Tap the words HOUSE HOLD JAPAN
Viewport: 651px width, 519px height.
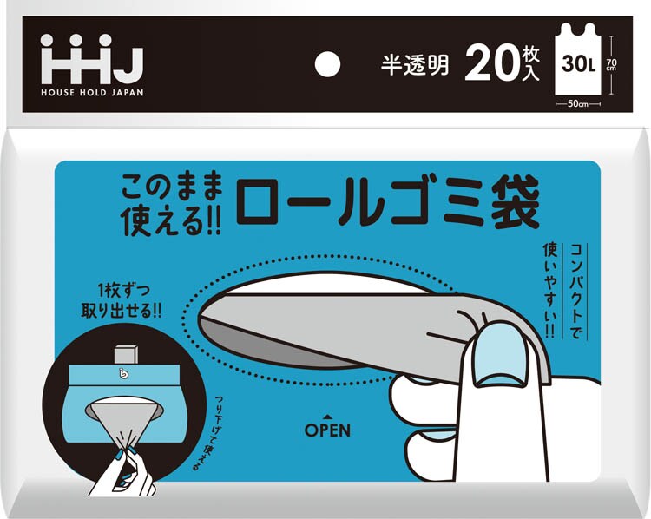pos(92,92)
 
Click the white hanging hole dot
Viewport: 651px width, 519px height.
pos(327,64)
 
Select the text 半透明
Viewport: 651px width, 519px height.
pos(415,65)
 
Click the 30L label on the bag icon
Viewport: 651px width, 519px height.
pos(579,63)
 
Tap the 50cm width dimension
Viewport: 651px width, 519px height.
pos(578,104)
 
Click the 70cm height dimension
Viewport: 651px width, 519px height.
pos(611,64)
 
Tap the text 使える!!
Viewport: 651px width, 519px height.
pos(171,220)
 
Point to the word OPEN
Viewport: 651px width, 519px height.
pos(327,430)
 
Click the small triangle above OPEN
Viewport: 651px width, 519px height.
pos(327,417)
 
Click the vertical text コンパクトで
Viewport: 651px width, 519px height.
pos(575,291)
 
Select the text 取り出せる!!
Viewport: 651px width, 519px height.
pos(122,310)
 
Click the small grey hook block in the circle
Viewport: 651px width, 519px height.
pos(125,354)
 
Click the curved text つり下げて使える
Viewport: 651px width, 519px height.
pos(208,433)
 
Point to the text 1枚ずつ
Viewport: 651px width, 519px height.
pos(123,290)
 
